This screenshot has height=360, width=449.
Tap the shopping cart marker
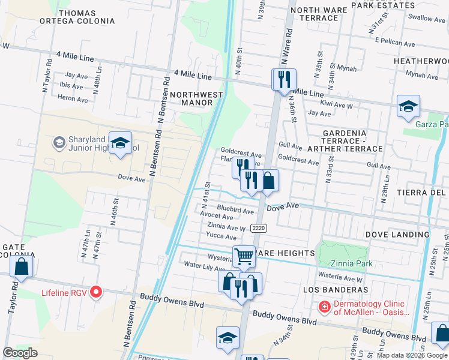(244, 256)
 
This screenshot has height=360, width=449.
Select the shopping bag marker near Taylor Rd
(22, 267)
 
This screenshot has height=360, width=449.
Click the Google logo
(20, 353)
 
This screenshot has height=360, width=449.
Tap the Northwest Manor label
(196, 98)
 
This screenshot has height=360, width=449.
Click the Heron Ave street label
(73, 99)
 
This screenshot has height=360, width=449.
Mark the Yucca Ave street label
(221, 236)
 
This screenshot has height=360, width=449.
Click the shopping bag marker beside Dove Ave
(268, 181)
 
